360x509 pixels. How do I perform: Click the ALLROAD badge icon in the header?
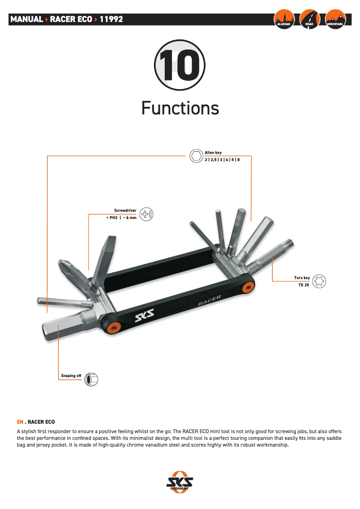pyautogui.click(x=284, y=19)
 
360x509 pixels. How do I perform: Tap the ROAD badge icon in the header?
pyautogui.click(x=310, y=19)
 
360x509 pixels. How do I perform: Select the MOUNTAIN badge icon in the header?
pyautogui.click(x=335, y=19)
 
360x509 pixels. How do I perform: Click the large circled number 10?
pyautogui.click(x=180, y=65)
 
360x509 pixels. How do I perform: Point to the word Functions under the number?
pyautogui.click(x=180, y=108)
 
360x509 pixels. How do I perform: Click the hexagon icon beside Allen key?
pyautogui.click(x=196, y=156)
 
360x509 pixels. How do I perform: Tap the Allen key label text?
pyautogui.click(x=213, y=153)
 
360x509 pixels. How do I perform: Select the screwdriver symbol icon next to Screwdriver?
pyautogui.click(x=146, y=214)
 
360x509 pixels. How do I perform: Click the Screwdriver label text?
pyautogui.click(x=125, y=211)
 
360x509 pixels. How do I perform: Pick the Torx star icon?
pyautogui.click(x=319, y=281)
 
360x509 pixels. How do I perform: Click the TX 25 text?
pyautogui.click(x=304, y=285)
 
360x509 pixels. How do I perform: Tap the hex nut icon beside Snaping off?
pyautogui.click(x=91, y=379)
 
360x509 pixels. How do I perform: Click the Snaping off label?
pyautogui.click(x=71, y=376)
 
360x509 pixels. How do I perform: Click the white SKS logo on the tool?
pyautogui.click(x=145, y=315)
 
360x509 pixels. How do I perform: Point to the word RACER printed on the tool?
pyautogui.click(x=210, y=300)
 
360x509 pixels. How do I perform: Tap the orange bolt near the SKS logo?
pyautogui.click(x=114, y=328)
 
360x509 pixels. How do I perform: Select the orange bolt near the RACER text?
pyautogui.click(x=249, y=287)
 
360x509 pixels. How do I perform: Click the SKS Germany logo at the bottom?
pyautogui.click(x=180, y=482)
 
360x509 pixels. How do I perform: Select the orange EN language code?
pyautogui.click(x=20, y=422)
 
